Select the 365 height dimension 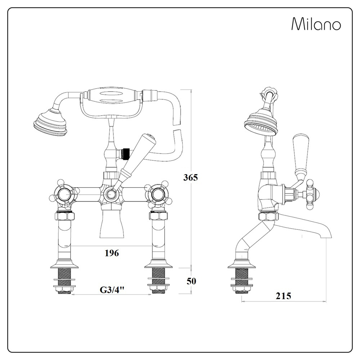click(191, 177)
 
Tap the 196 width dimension click(112, 253)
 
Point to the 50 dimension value click(192, 281)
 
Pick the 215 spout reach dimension click(283, 296)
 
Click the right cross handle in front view click(157, 195)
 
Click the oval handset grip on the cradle click(112, 95)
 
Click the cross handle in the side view click(310, 195)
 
